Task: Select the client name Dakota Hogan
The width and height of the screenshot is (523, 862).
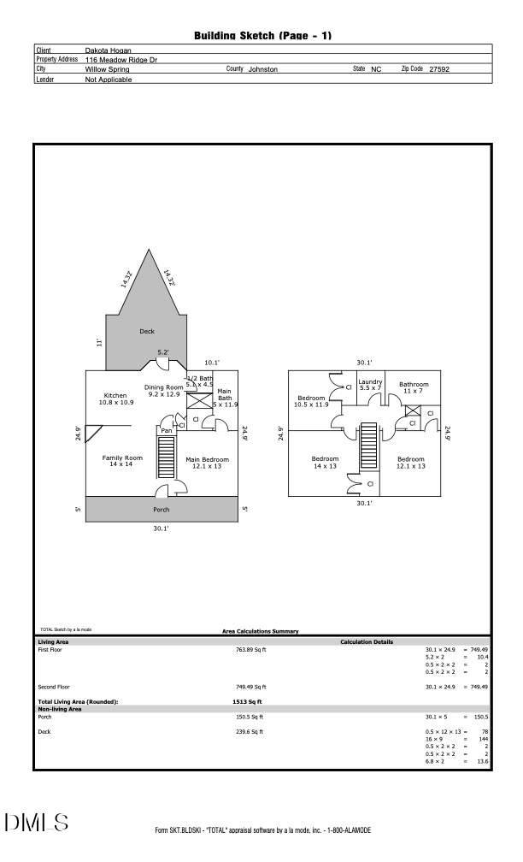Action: point(109,50)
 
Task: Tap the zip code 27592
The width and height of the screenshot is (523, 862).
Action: point(439,69)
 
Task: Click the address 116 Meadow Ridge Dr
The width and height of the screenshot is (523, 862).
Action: point(121,60)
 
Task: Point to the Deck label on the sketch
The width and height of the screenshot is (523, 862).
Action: point(147,331)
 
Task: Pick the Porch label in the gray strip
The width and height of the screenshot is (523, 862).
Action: point(162,510)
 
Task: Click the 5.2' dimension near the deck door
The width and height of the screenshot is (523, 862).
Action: point(162,352)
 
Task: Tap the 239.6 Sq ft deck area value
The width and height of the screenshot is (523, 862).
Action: point(250,732)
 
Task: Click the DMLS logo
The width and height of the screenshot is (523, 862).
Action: point(37,823)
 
